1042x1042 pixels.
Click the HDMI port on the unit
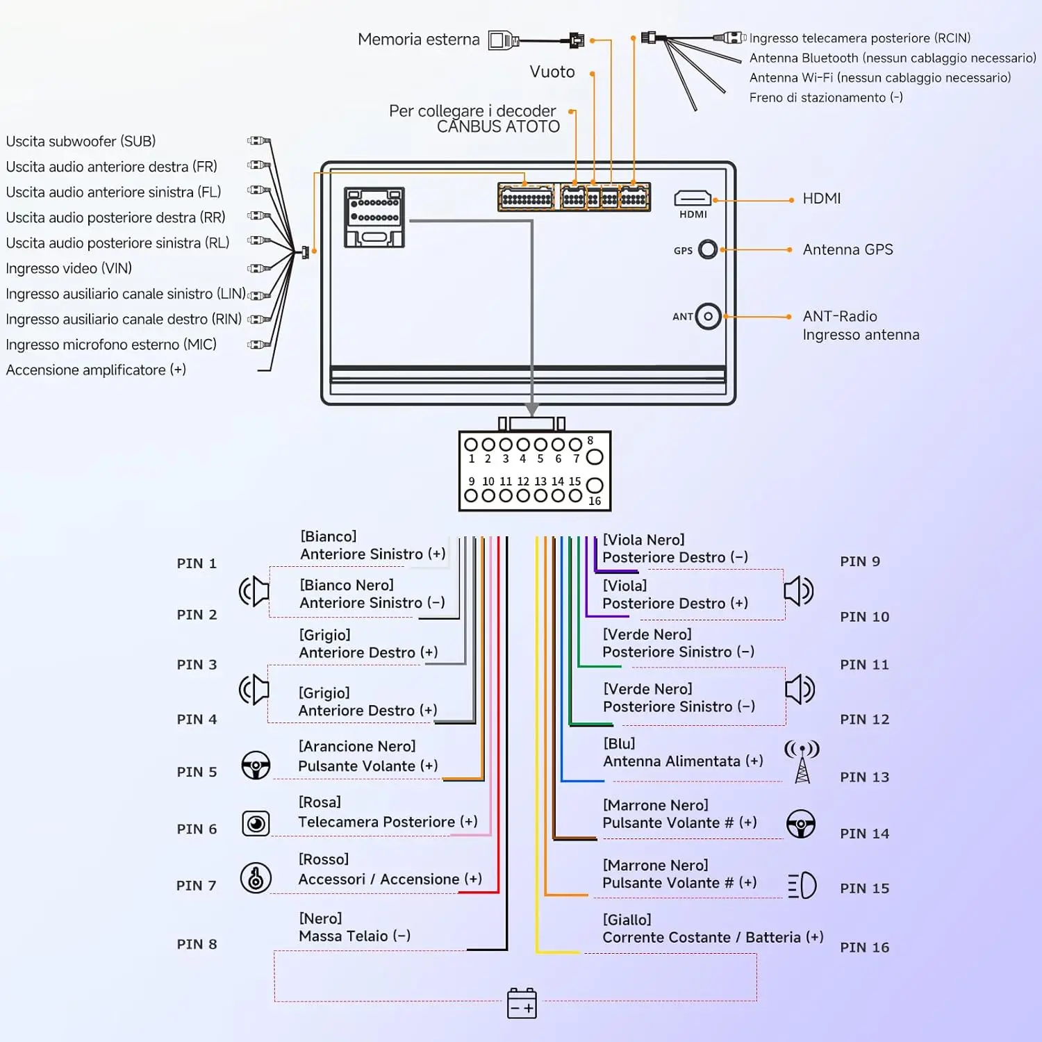pos(693,199)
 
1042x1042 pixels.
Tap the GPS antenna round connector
pos(708,249)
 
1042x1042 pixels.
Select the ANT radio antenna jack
pos(708,317)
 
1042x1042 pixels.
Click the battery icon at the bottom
pos(522,1003)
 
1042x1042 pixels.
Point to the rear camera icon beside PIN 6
pos(256,824)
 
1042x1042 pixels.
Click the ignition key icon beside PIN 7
pos(256,878)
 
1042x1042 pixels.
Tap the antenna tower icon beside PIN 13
pos(802,761)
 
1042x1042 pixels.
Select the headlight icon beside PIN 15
pos(802,885)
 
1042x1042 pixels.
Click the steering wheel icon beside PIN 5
pos(256,766)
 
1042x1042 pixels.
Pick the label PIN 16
pos(864,948)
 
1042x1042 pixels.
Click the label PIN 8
pos(197,944)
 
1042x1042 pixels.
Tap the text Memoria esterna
pos(418,40)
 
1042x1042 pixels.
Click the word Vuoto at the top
pos(552,72)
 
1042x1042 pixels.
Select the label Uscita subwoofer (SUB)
pos(81,141)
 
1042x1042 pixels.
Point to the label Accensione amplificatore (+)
pos(96,370)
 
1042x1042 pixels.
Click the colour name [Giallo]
pos(627,920)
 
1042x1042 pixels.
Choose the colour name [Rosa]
pos(320,802)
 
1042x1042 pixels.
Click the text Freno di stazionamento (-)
pos(826,97)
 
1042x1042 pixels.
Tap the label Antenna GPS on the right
pos(847,249)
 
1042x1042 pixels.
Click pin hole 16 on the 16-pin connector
pos(595,485)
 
